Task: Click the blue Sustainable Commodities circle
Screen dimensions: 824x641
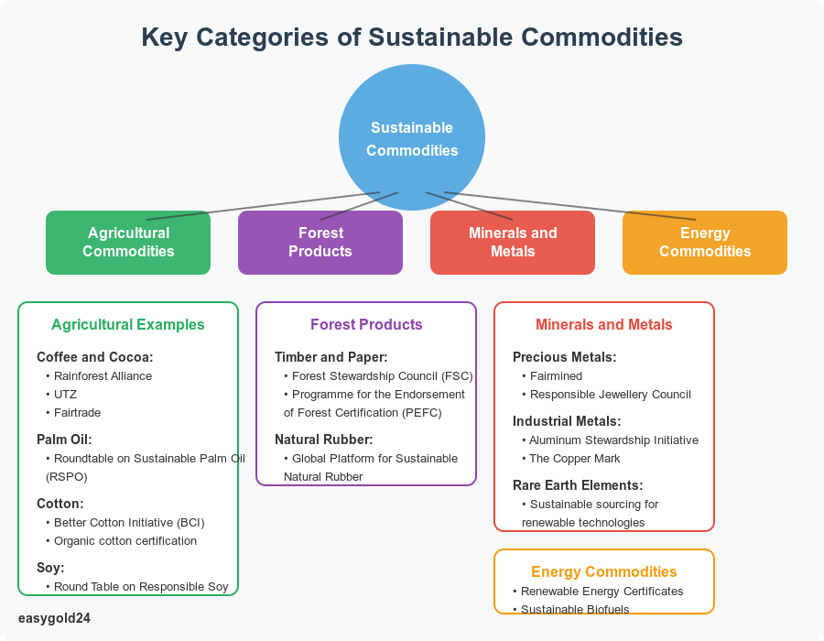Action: coord(412,137)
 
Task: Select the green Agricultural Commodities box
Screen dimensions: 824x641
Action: coord(128,243)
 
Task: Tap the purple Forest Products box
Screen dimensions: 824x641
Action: coord(320,243)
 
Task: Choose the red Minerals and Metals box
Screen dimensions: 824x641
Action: coord(513,243)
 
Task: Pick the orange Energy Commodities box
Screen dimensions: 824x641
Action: coord(705,243)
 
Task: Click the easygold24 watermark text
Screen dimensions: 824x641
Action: coord(54,618)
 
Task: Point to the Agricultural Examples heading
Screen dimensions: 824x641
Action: coord(128,325)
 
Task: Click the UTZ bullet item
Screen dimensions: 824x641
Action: coord(61,395)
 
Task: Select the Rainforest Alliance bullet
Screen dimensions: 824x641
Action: coord(99,376)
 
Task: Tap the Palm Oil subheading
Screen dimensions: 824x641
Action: coord(64,440)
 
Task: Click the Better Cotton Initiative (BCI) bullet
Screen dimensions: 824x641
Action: coord(125,523)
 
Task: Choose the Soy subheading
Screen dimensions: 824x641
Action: coord(50,568)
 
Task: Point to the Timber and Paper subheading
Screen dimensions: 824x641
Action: coord(331,357)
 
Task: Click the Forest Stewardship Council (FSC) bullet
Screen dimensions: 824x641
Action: coord(378,376)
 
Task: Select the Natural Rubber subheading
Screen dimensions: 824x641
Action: coord(324,440)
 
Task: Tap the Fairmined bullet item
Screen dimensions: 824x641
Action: coord(552,376)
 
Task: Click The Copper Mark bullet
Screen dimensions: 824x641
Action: coord(571,459)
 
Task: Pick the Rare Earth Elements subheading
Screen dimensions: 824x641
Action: coord(578,485)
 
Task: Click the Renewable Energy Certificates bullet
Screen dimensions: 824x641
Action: coord(598,592)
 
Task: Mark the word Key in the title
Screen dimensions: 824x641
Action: coord(164,38)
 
